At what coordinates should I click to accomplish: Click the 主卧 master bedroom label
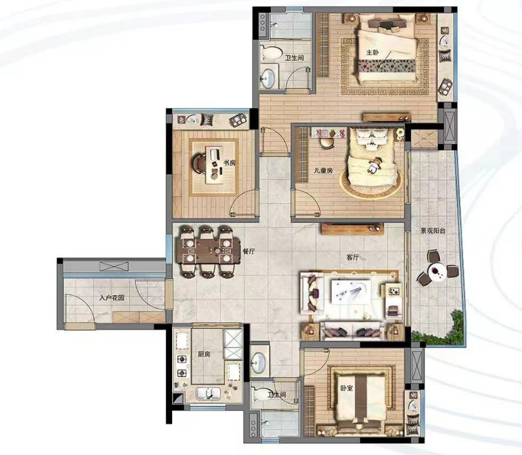click(x=373, y=52)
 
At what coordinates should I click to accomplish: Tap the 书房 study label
click(x=230, y=163)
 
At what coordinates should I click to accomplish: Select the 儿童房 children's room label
click(x=324, y=170)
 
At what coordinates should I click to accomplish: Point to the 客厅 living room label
click(x=353, y=257)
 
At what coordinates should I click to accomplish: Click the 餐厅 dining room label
click(x=249, y=251)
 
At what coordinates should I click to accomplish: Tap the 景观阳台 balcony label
click(x=433, y=230)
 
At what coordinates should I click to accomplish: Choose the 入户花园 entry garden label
click(x=111, y=297)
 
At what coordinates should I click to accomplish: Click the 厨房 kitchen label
click(x=204, y=354)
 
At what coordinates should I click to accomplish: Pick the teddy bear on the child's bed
click(x=374, y=166)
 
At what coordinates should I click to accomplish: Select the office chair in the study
click(x=199, y=163)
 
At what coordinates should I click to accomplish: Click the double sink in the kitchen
click(x=208, y=393)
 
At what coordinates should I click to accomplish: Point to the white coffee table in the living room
click(x=351, y=292)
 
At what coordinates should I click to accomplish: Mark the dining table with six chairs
click(x=209, y=251)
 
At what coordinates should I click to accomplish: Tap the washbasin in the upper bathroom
click(x=268, y=79)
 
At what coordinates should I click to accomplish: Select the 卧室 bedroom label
click(x=347, y=388)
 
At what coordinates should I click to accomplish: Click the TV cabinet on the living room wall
click(x=353, y=229)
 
